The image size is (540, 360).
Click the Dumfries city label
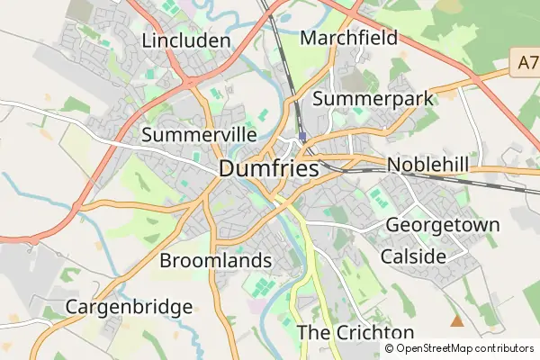(268, 168)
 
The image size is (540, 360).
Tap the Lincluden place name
(186, 41)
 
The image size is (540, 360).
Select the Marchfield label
(349, 38)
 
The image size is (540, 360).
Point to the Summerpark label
(373, 98)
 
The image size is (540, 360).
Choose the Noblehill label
(427, 165)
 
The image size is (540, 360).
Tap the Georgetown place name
(442, 225)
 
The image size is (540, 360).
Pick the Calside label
(413, 256)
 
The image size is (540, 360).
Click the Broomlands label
(215, 261)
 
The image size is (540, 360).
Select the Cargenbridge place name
(129, 307)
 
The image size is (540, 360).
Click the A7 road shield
(528, 65)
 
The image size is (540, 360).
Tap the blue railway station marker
(302, 137)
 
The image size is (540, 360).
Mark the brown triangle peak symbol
(456, 320)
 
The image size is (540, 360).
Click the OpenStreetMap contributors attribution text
(458, 348)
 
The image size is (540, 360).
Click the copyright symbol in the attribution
(389, 348)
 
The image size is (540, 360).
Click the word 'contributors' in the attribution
(499, 348)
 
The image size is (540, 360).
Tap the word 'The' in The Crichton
(311, 332)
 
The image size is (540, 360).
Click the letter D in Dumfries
(228, 168)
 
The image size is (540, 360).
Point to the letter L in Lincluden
(148, 41)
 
